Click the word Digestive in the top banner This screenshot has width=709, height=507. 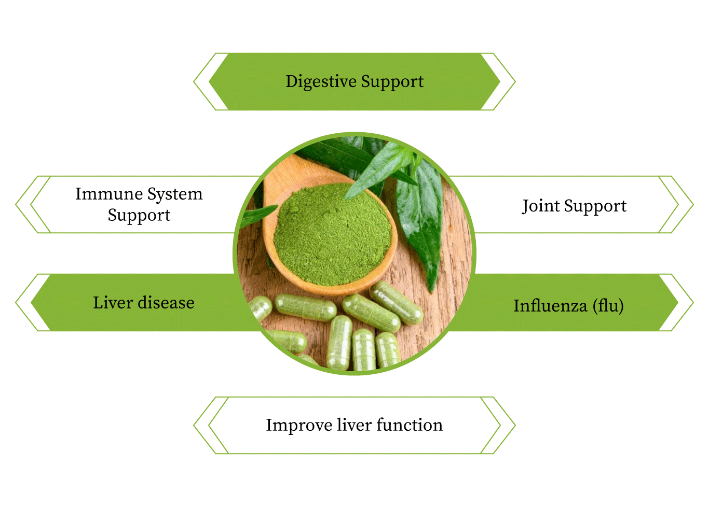[320, 82]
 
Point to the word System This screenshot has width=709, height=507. [174, 194]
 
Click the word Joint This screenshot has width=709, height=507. [540, 206]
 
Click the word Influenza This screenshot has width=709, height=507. [550, 306]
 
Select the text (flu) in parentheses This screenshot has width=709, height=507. [608, 306]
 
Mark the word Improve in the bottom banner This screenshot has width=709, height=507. [299, 425]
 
